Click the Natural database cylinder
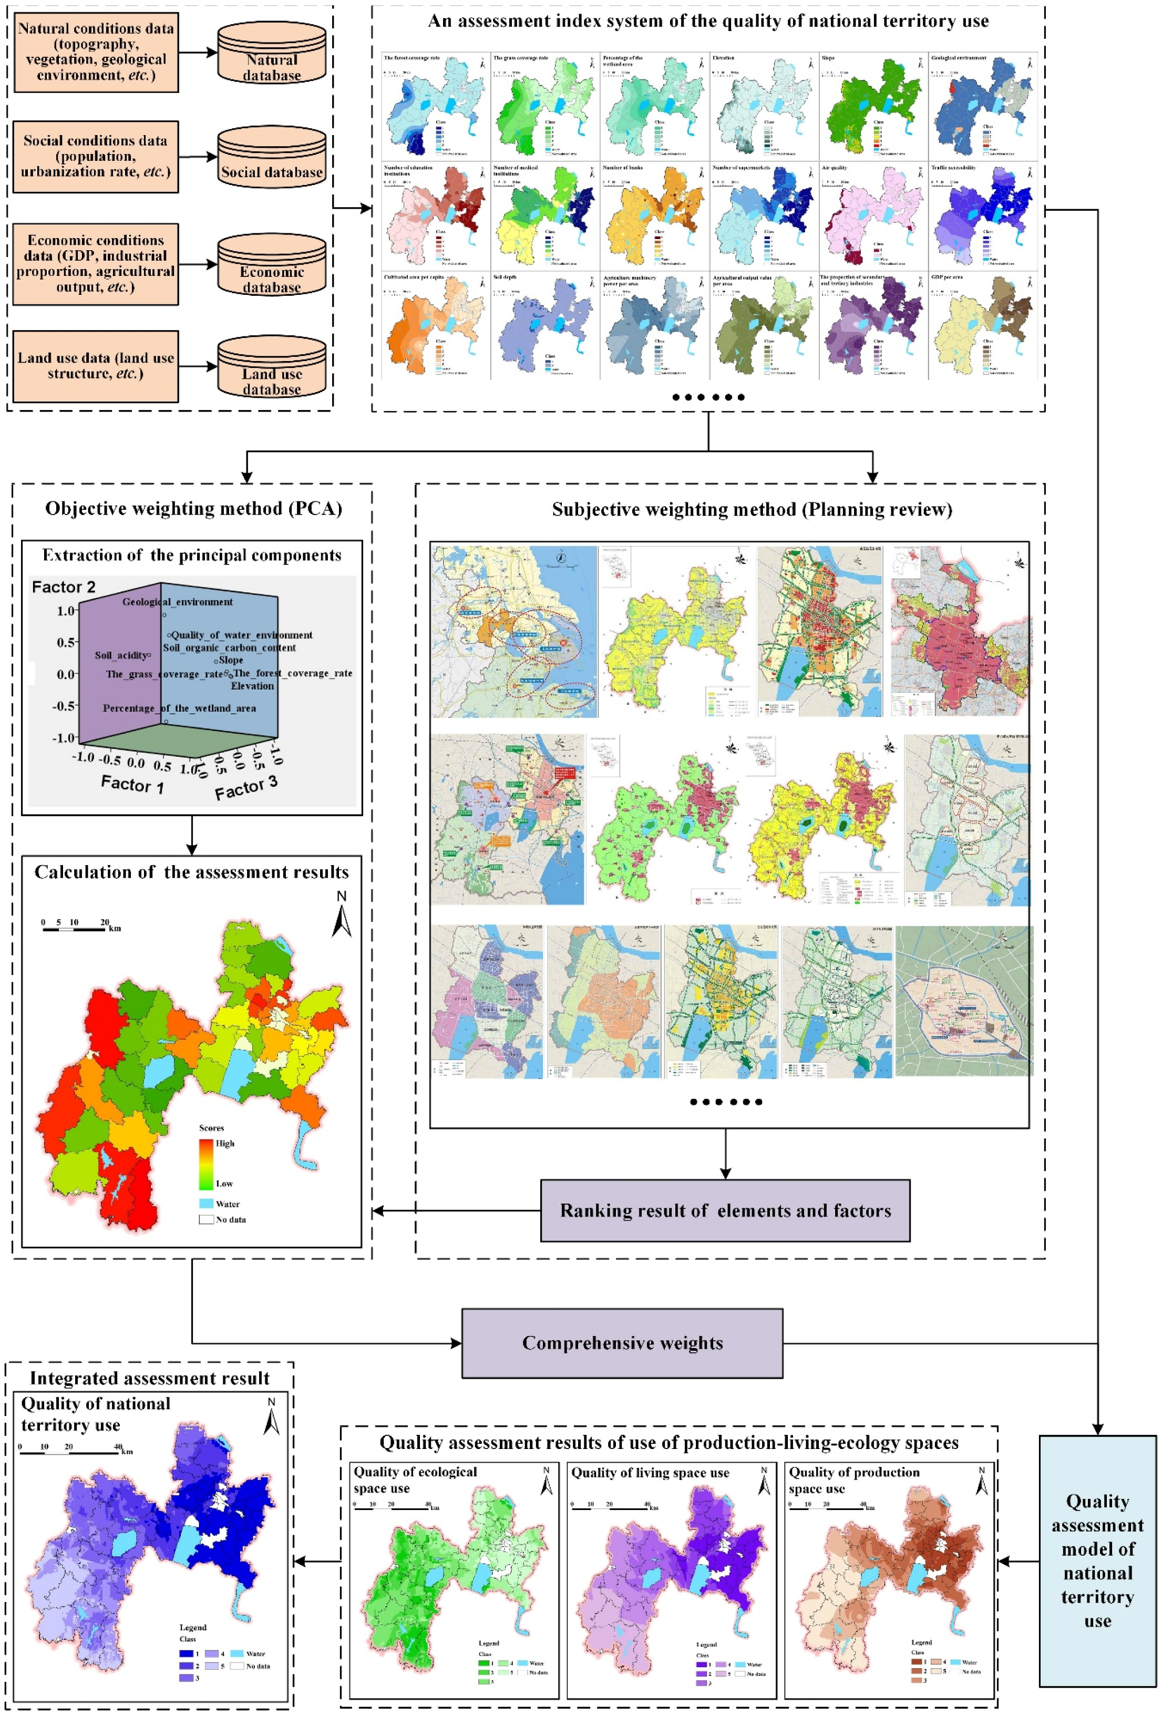point(272,53)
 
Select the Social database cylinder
point(272,157)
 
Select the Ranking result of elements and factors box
point(724,1210)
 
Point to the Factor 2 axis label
point(64,587)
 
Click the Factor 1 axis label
point(132,784)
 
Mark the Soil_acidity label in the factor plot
point(122,655)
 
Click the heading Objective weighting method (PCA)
point(193,509)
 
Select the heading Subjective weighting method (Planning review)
point(752,509)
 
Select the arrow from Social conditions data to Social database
point(198,157)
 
